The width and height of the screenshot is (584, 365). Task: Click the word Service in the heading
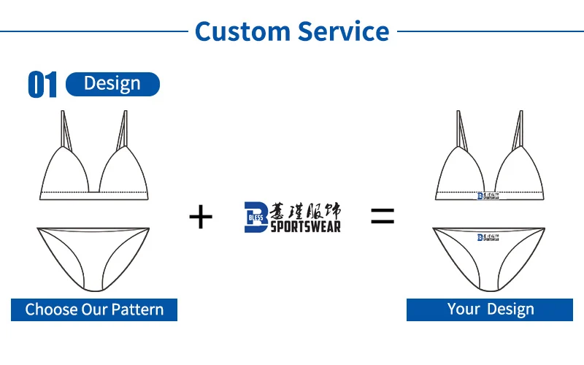(x=342, y=31)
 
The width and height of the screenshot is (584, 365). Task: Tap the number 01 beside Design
(x=42, y=85)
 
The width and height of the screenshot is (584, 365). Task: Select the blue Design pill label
(x=112, y=84)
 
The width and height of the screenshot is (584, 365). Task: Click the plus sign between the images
(x=201, y=217)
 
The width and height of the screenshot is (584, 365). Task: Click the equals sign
(x=383, y=216)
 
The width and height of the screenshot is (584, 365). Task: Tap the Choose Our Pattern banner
(x=94, y=309)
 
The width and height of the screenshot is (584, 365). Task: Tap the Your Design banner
(x=490, y=309)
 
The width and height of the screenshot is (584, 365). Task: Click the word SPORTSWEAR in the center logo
(x=306, y=226)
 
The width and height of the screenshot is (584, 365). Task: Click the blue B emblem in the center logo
(x=255, y=218)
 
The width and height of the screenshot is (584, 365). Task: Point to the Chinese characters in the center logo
(x=306, y=210)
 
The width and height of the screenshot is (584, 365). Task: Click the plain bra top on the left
(x=93, y=172)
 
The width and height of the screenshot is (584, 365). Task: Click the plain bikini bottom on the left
(x=93, y=252)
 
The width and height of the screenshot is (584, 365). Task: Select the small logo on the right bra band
(x=490, y=196)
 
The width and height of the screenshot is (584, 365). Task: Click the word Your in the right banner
(x=464, y=309)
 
